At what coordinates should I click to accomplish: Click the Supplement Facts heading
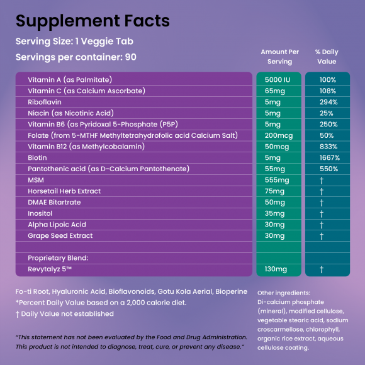(93, 21)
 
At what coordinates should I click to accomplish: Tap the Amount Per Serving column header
(279, 57)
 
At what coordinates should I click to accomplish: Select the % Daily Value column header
(327, 57)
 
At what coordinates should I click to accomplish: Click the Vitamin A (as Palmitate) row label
(70, 80)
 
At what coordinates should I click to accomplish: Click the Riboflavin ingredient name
(45, 102)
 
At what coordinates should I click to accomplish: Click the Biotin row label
(37, 157)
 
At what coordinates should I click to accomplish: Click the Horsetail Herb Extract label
(64, 191)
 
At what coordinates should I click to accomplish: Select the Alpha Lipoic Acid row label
(57, 225)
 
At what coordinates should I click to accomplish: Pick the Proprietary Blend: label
(58, 258)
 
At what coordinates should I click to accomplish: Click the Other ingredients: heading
(284, 293)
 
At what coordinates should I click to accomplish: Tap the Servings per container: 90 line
(76, 57)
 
